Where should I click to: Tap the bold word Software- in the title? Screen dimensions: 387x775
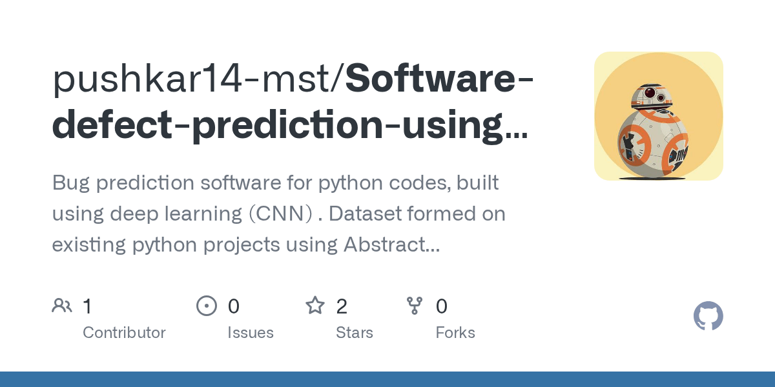pos(440,79)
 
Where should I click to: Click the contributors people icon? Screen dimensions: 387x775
pos(62,305)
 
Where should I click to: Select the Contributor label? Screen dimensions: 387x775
pos(124,333)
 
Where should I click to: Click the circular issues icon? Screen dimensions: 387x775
pos(207,305)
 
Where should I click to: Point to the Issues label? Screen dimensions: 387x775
pos(251,333)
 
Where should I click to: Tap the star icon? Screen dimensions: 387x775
pos(315,305)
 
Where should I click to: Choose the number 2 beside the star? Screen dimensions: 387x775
pos(342,306)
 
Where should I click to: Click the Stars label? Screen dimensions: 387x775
pos(354,333)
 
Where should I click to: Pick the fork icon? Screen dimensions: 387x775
pos(415,305)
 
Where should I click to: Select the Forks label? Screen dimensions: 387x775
pos(455,333)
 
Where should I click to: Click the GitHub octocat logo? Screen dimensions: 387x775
pos(708,317)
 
